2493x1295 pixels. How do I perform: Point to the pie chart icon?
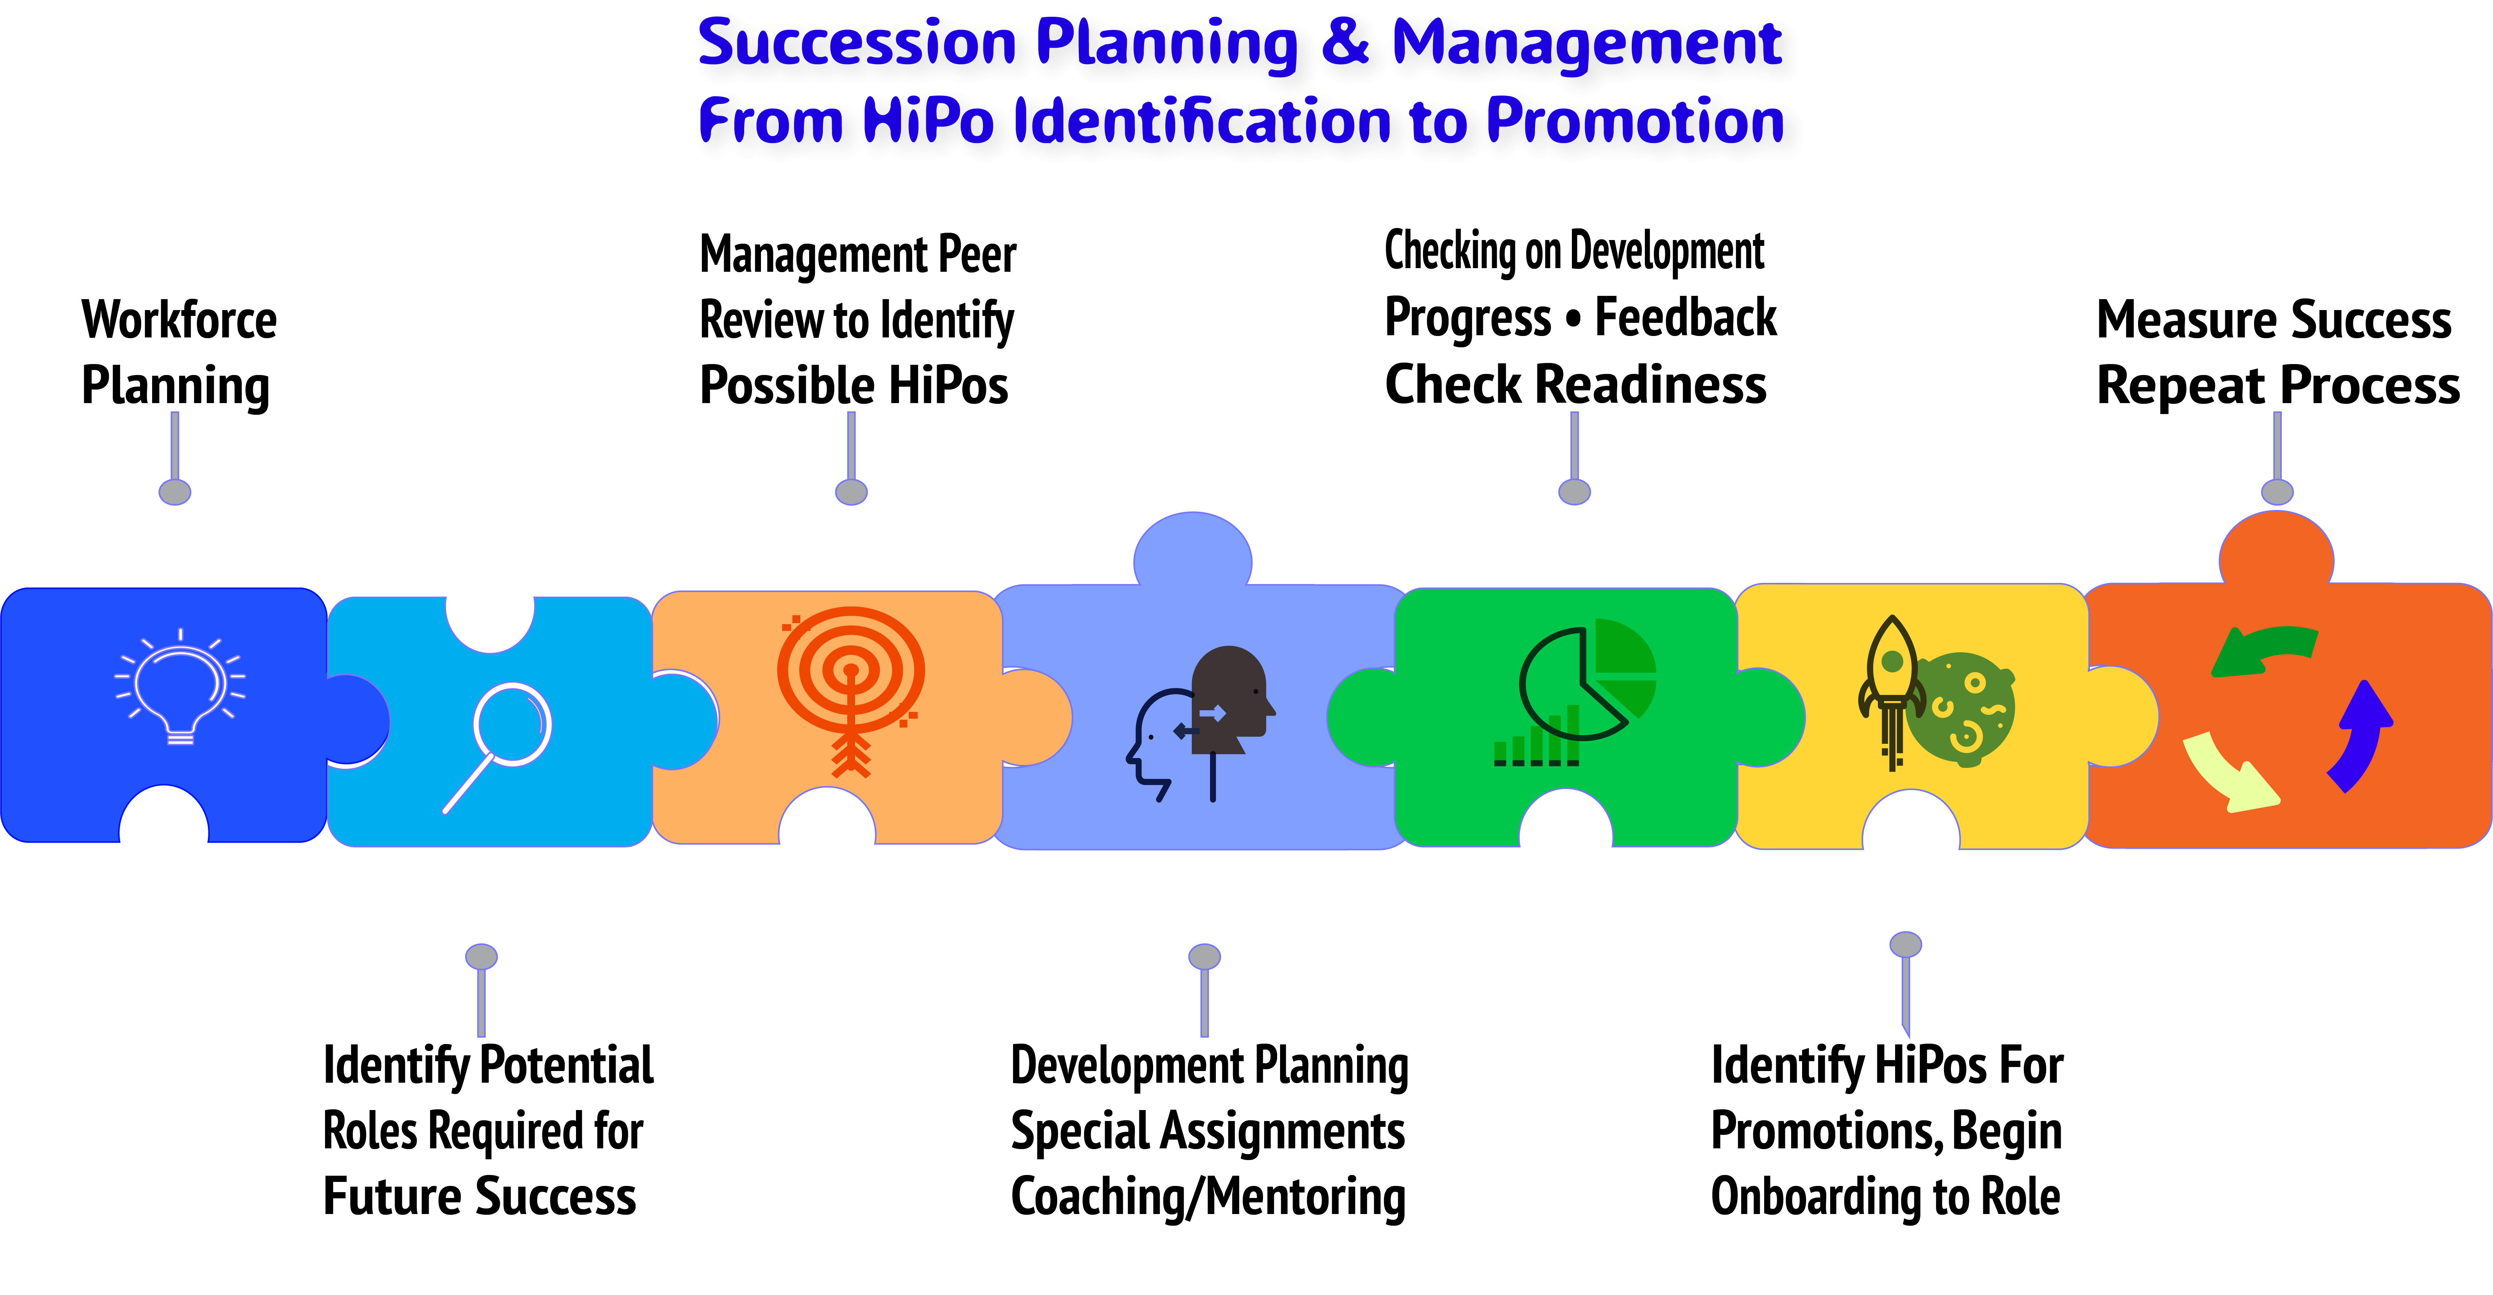pyautogui.click(x=1587, y=680)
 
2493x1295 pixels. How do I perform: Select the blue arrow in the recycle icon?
pyautogui.click(x=2361, y=735)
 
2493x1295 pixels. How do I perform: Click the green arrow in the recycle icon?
pyautogui.click(x=2265, y=650)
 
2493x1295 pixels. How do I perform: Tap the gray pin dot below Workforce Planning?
pyautogui.click(x=175, y=492)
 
